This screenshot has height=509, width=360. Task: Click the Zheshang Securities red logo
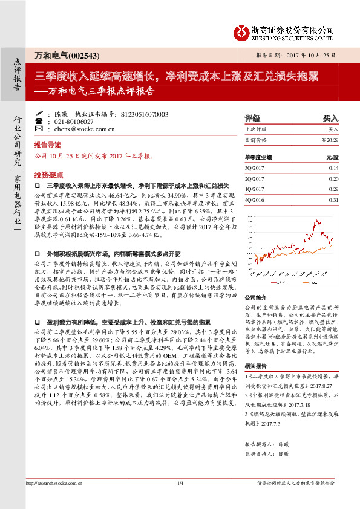[x=242, y=30]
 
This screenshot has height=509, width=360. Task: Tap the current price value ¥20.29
[x=330, y=140]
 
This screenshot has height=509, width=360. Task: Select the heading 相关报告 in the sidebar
[x=255, y=367]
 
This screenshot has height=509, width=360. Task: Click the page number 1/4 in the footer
[x=180, y=499]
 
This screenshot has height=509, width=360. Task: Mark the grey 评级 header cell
[x=253, y=118]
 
